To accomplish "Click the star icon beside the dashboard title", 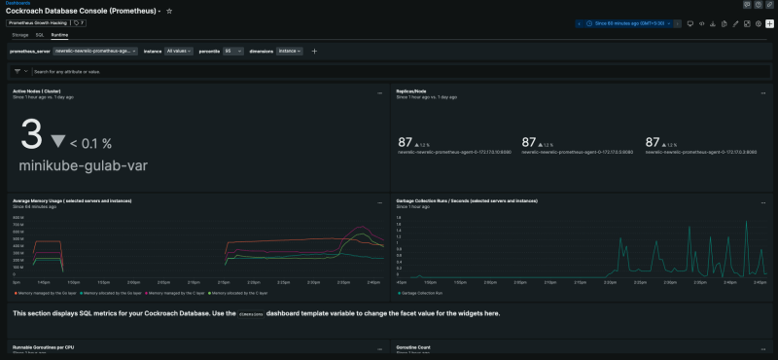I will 170,11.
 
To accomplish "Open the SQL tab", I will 40,34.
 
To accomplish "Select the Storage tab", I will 20,34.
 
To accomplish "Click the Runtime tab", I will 60,34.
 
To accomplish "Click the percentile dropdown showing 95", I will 233,51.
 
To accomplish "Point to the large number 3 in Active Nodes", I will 30,133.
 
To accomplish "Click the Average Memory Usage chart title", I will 73,200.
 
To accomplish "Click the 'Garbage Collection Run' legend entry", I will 422,292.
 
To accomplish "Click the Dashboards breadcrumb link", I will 17,3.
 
